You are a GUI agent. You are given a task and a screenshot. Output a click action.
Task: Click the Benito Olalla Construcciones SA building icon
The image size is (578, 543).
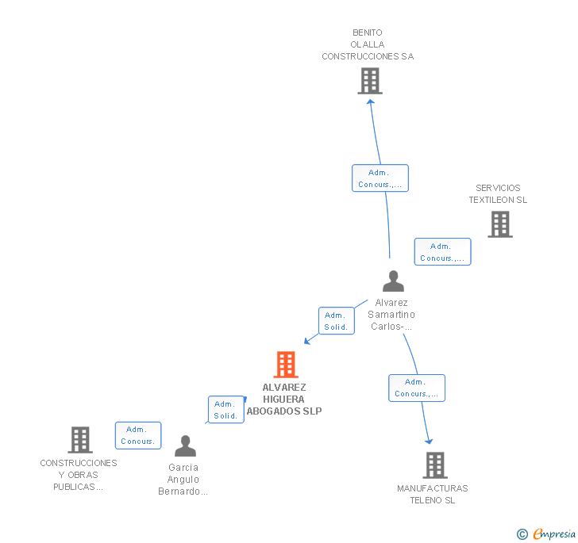coord(369,81)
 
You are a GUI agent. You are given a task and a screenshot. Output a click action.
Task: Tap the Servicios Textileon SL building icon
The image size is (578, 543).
coord(499,224)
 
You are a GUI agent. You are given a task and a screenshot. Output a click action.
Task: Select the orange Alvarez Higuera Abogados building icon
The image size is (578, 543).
coord(286,365)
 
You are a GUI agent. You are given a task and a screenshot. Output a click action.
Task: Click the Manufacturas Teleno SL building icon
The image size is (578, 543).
coord(434,465)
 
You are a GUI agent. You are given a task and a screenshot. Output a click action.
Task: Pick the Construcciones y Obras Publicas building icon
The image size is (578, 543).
coord(80,439)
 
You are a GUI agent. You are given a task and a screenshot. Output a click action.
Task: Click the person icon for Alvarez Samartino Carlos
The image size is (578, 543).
coord(393,281)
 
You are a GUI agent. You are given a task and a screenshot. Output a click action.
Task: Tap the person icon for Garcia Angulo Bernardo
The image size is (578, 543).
coord(185,446)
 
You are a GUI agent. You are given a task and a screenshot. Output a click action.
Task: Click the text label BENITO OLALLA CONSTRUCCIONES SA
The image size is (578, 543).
coord(368,45)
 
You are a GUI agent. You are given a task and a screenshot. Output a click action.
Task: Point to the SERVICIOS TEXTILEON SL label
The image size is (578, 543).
coord(498,194)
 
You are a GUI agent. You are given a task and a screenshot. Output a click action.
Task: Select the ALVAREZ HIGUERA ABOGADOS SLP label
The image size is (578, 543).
coord(284,400)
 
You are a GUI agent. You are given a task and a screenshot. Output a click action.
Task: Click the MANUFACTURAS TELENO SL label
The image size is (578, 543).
coord(433,495)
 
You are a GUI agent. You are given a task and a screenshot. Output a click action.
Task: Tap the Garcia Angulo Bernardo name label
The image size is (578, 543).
coord(183,480)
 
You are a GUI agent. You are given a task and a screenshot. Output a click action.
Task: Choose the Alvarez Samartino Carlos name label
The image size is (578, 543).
coord(391,315)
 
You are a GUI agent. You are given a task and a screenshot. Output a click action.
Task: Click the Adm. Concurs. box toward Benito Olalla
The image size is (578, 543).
coord(380,178)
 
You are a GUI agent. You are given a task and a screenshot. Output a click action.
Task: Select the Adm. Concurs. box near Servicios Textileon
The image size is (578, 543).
coord(442,252)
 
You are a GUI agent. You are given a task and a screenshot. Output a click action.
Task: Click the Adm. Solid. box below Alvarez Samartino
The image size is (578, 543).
coord(336,321)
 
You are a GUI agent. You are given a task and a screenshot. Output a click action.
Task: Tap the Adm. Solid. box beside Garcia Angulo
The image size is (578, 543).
coord(226,410)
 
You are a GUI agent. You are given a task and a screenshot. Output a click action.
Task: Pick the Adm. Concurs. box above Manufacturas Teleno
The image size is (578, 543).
coord(417,388)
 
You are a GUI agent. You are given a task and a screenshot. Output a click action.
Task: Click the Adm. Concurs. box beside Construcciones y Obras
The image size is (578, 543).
coord(138,435)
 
